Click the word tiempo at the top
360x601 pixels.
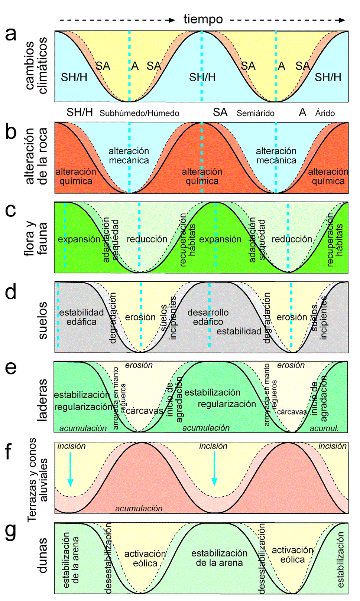(x=203, y=19)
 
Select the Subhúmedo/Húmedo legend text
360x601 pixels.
(x=139, y=113)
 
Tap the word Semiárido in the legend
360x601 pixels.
(x=255, y=113)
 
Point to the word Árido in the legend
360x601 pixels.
(x=325, y=113)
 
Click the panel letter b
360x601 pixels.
(x=11, y=132)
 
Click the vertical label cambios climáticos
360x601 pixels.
(x=36, y=66)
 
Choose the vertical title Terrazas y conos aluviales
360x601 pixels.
(x=38, y=480)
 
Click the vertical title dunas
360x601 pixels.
(x=42, y=555)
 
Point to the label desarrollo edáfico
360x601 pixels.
(x=208, y=317)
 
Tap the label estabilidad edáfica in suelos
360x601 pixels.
(x=81, y=317)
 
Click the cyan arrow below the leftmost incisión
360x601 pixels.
(x=70, y=472)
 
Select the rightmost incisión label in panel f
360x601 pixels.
(x=332, y=446)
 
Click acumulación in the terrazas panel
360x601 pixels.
(x=139, y=508)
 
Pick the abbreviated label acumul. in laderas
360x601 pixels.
(x=324, y=428)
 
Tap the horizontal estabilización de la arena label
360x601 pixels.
(x=219, y=558)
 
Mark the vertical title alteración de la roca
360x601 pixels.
(x=36, y=156)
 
